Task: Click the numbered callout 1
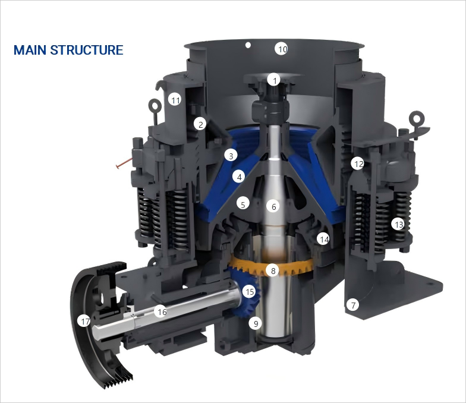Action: [x=273, y=80]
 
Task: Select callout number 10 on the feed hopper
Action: [x=282, y=49]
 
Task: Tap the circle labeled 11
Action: [x=175, y=100]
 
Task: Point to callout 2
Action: [x=200, y=125]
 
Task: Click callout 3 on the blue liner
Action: [x=231, y=156]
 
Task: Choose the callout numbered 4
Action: [x=239, y=177]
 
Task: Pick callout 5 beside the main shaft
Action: [x=243, y=204]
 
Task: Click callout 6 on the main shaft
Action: [x=273, y=206]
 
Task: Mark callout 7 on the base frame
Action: [x=353, y=305]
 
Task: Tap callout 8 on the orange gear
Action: [x=273, y=270]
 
